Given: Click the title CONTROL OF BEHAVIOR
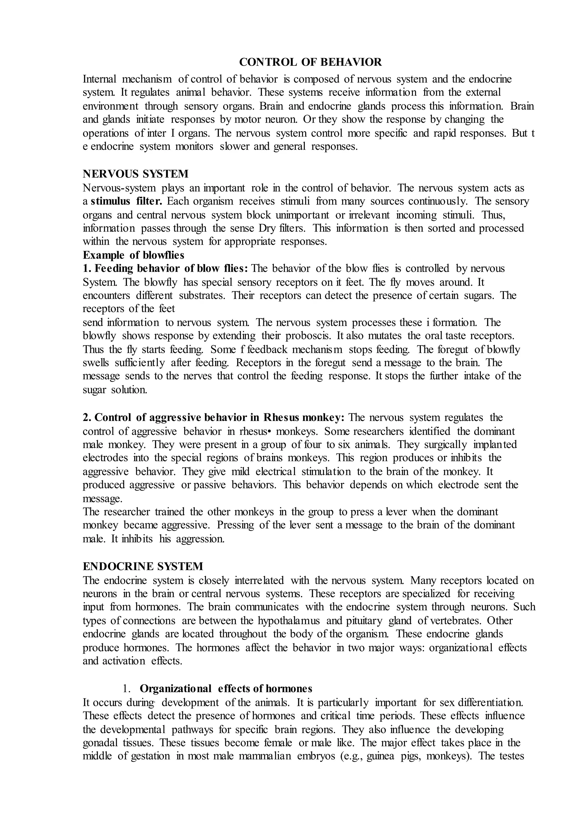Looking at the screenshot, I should [310, 62].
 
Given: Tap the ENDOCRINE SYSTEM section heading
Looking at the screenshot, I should [143, 566].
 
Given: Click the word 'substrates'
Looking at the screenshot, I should [202, 296].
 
